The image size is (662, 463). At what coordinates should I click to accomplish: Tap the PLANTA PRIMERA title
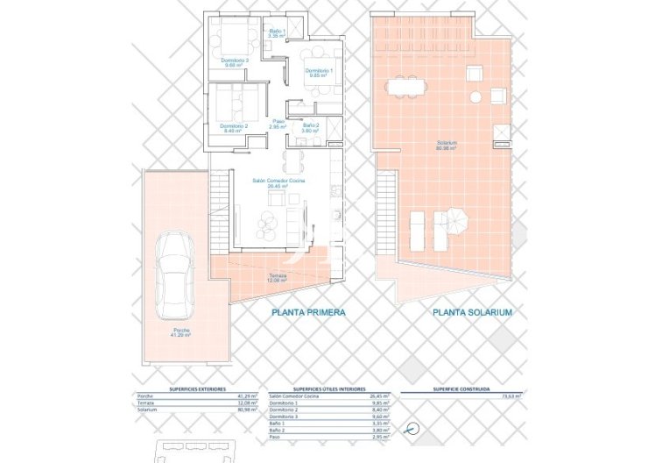coord(308,312)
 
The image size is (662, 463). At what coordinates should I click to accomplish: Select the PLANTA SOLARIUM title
coord(472,312)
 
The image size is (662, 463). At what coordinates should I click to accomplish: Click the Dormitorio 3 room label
coord(236,62)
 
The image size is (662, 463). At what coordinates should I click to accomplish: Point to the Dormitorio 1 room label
coord(317,73)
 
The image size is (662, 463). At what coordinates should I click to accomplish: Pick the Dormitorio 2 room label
coord(235,128)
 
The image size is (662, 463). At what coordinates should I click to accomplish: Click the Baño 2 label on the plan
coord(311,128)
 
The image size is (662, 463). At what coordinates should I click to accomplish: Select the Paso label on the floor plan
coord(278,125)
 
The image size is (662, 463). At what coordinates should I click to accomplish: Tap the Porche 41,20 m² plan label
coord(181,333)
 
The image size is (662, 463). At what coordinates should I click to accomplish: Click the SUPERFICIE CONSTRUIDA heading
coord(461,388)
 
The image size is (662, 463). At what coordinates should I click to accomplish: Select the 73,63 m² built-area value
coord(510,396)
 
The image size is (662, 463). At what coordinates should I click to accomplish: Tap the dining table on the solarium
coord(406,86)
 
